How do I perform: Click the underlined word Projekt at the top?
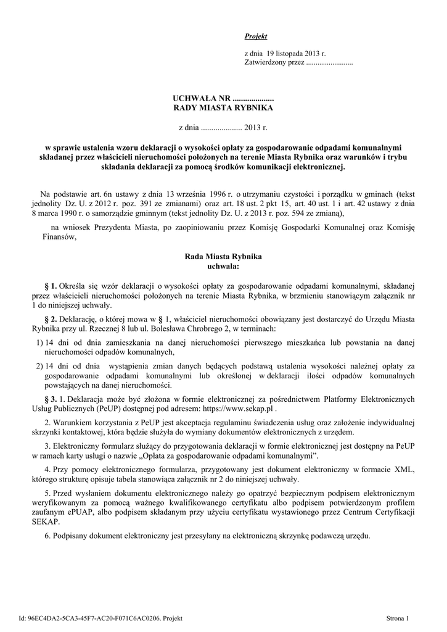[256, 37]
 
